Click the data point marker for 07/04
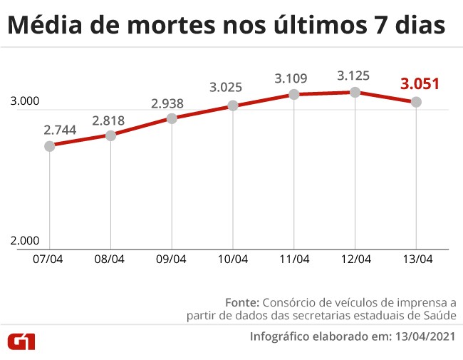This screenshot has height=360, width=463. [x=49, y=146]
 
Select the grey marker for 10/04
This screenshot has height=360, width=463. [x=233, y=106]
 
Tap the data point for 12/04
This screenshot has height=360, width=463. [x=355, y=92]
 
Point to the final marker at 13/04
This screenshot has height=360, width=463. [x=416, y=102]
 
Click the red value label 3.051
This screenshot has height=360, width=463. [x=420, y=84]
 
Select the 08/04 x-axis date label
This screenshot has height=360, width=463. [x=110, y=259]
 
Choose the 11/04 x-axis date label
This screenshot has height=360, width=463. [x=294, y=259]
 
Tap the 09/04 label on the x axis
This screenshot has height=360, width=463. [x=172, y=259]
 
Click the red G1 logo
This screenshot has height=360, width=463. [x=21, y=341]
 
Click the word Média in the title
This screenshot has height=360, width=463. [x=43, y=26]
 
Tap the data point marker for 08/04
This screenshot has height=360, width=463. [x=110, y=135]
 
